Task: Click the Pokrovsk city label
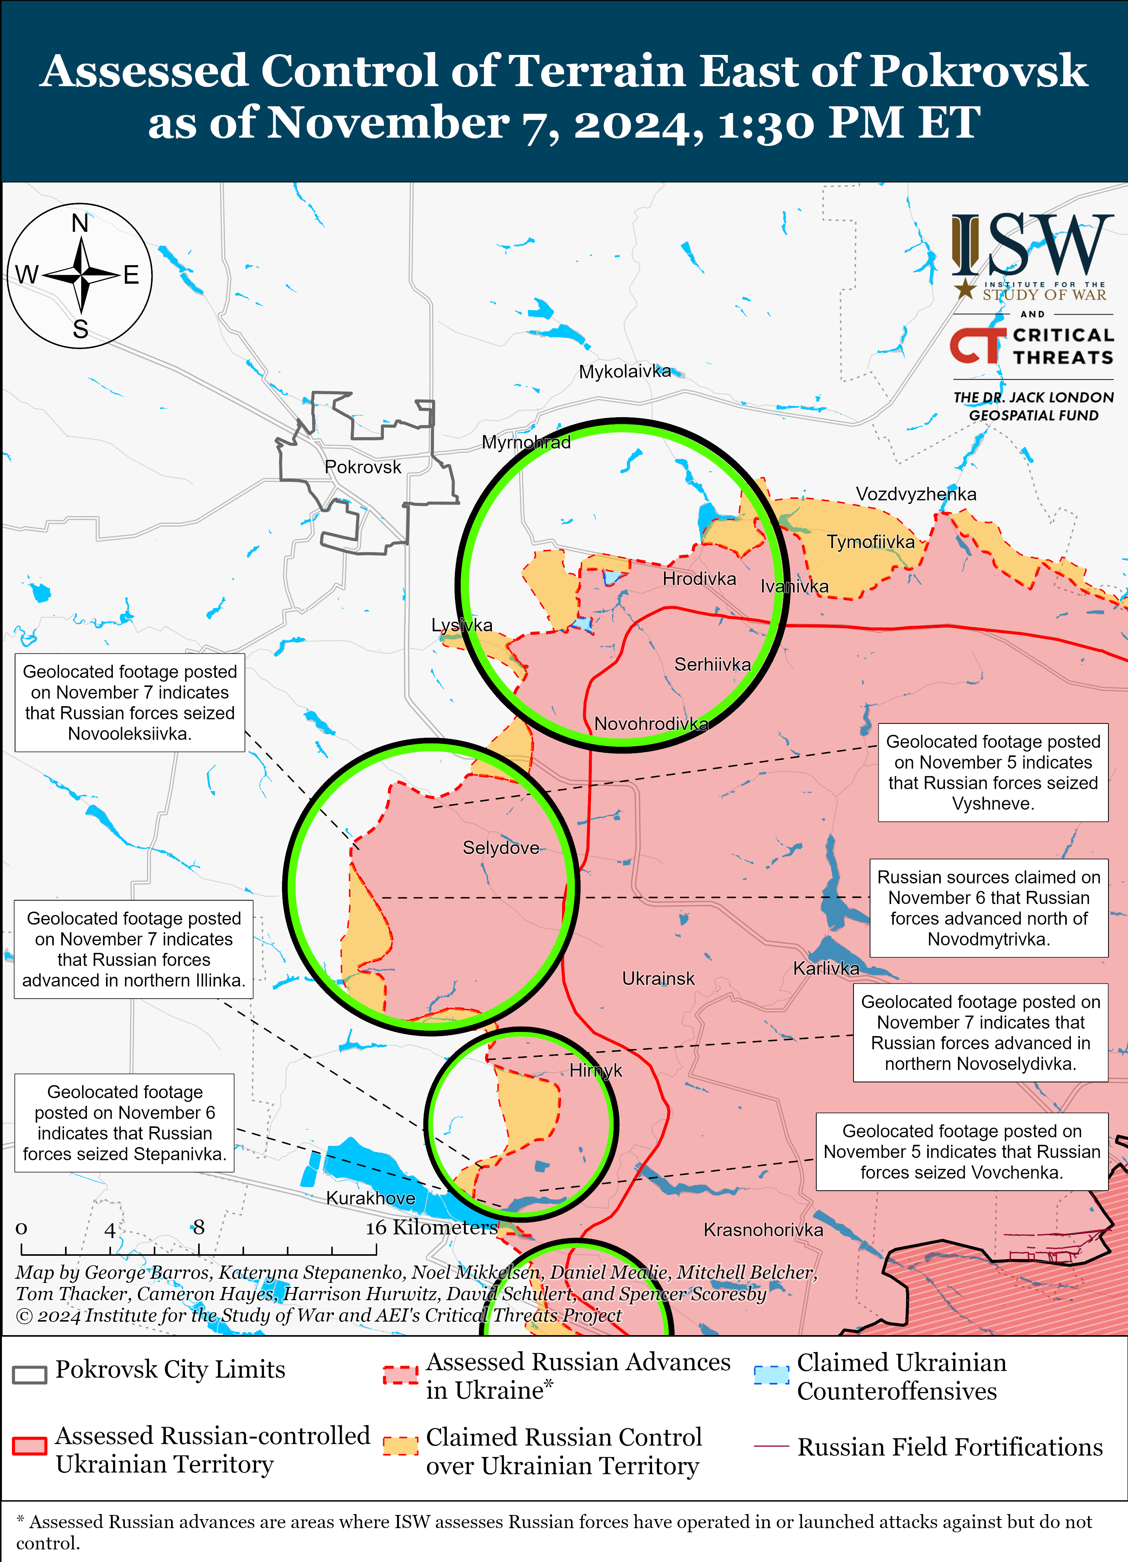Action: pyautogui.click(x=363, y=467)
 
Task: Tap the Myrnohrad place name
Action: pyautogui.click(x=526, y=442)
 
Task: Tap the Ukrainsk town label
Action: pyautogui.click(x=658, y=978)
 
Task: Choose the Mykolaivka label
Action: pyautogui.click(x=624, y=372)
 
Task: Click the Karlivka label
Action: pyautogui.click(x=826, y=968)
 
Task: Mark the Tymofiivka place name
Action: pyautogui.click(x=870, y=542)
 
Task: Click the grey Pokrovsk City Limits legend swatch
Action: pyautogui.click(x=30, y=1374)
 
